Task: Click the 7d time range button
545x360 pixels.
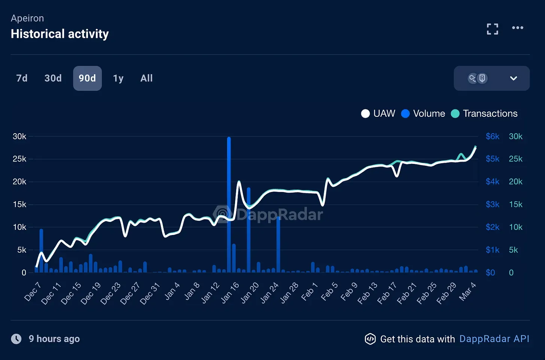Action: pyautogui.click(x=22, y=78)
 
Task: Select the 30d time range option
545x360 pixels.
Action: pyautogui.click(x=53, y=78)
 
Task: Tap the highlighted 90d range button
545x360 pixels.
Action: pyautogui.click(x=87, y=78)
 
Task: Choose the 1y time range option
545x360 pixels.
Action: pyautogui.click(x=118, y=78)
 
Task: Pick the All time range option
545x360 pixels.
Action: pyautogui.click(x=146, y=78)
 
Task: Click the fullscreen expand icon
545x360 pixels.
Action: pyautogui.click(x=492, y=29)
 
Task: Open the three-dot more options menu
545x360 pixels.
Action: pyautogui.click(x=517, y=28)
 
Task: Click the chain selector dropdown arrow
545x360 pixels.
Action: pyautogui.click(x=513, y=78)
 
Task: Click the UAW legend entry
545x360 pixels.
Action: pyautogui.click(x=378, y=113)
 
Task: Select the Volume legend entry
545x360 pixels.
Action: pyautogui.click(x=423, y=113)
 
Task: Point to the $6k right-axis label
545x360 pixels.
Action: pyautogui.click(x=492, y=136)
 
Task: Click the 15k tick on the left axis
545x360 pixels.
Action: pyautogui.click(x=19, y=204)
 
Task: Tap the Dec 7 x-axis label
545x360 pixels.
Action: pyautogui.click(x=32, y=292)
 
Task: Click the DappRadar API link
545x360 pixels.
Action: pyautogui.click(x=494, y=339)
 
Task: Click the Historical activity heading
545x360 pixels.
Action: pyautogui.click(x=60, y=34)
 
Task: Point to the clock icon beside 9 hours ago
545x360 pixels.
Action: pyautogui.click(x=16, y=339)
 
